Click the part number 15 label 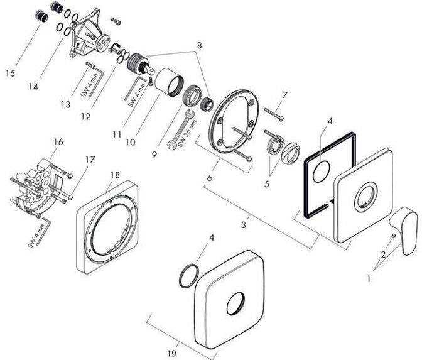pos(11,73)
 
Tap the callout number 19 pos(171,353)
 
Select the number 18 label pos(115,175)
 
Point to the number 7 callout pos(284,95)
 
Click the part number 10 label pos(131,142)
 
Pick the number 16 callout pos(58,141)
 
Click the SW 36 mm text pos(187,133)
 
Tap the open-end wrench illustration pos(180,129)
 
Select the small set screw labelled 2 pos(393,236)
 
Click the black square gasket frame pos(330,175)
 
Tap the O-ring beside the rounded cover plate pos(188,276)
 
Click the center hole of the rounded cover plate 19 pos(235,303)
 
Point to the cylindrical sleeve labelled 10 pos(170,82)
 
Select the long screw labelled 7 pos(274,114)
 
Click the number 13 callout pos(65,104)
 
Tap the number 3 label pos(244,224)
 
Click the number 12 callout pos(85,117)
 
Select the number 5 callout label pos(266,184)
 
